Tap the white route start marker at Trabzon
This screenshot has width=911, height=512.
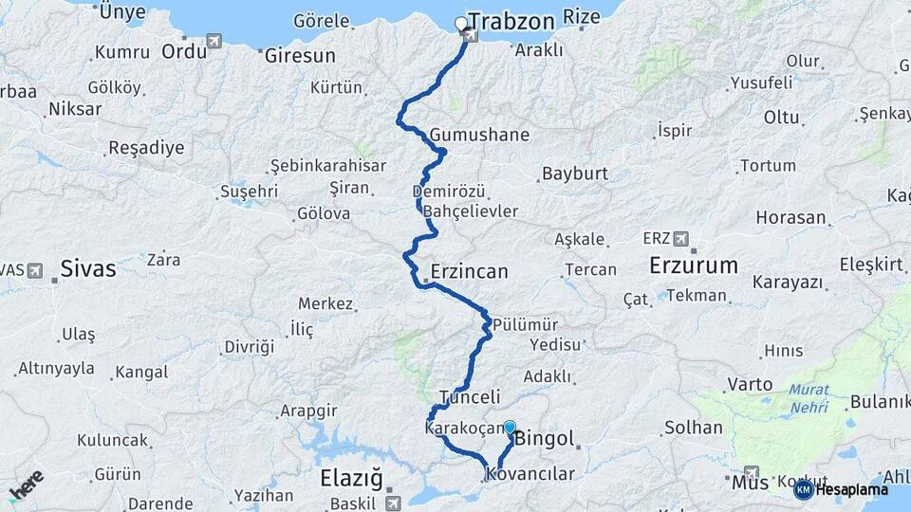pos(461,24)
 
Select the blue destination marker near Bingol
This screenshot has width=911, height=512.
pos(510,428)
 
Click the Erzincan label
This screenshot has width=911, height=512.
pos(469,271)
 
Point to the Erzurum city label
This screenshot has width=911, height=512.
pos(693,265)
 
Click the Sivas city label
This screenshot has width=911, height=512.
pos(87,269)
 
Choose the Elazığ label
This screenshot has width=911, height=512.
pos(351,477)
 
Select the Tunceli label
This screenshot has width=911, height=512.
pos(470,396)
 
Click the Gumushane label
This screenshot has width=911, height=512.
pos(479,135)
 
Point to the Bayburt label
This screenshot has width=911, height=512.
pos(574,174)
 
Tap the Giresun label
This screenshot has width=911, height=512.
pos(300,56)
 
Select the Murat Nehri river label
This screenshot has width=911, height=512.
pos(808,398)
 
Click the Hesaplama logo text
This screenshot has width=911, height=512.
pos(850,489)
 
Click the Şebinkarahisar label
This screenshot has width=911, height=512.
pos(327,166)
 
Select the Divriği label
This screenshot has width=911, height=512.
pos(249,347)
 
